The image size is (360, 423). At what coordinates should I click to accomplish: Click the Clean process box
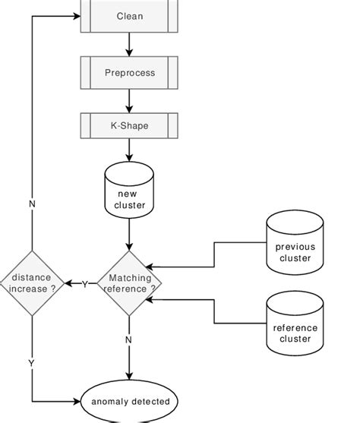coord(128,15)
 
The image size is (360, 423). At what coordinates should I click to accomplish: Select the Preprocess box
coord(128,73)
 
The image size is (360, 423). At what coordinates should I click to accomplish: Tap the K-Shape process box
coord(128,126)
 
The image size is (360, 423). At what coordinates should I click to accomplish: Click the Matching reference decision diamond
coord(128,284)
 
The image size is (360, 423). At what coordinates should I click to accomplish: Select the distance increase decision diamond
coord(31,284)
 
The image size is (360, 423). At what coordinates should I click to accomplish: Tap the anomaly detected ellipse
coord(128,400)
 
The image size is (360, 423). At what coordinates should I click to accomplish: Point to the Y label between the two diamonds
coord(84,284)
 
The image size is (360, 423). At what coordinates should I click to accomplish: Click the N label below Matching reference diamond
coord(128,340)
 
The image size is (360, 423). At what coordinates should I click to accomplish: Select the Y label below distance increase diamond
coord(32,363)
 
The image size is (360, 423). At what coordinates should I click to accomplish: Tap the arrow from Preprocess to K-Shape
coord(128,100)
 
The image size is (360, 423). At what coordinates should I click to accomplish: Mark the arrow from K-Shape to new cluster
coord(128,150)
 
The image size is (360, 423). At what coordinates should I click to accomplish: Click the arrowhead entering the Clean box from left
coord(76,15)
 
